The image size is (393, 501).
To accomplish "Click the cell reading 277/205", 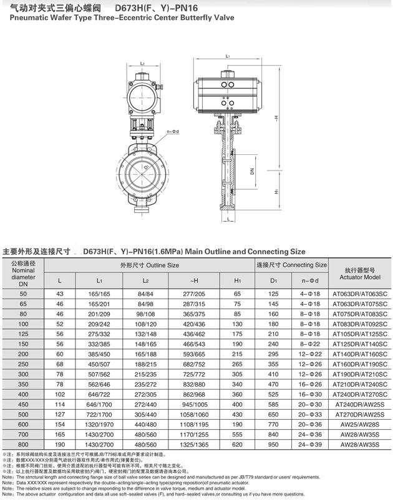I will point(193,294).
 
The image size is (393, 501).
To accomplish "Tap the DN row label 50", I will point(24,294).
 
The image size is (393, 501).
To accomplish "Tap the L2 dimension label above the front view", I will point(142,64).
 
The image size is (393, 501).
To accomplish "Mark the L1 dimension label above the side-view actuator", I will point(229,56).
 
